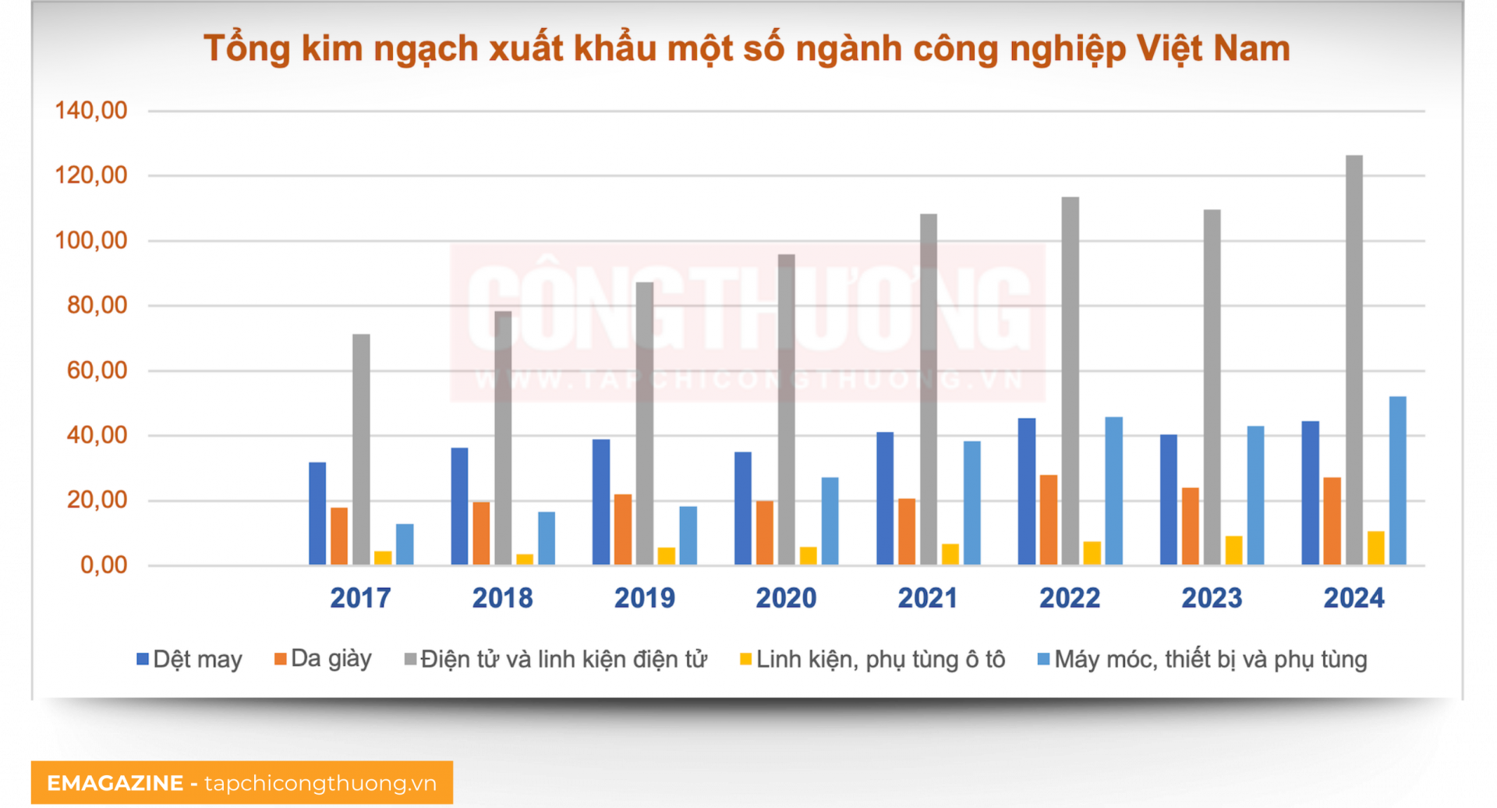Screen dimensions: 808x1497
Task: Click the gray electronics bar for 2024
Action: (x=1354, y=359)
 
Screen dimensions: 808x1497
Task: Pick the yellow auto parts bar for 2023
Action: (x=1233, y=550)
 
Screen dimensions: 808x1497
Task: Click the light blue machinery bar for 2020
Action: (x=830, y=520)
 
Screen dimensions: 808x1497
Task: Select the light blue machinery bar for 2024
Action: (x=1397, y=480)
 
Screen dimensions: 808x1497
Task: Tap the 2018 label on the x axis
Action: (x=502, y=598)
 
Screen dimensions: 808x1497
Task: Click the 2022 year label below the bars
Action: (x=1069, y=598)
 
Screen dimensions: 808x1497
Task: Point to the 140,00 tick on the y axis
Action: (x=90, y=110)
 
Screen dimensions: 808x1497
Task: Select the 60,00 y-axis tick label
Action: (x=97, y=370)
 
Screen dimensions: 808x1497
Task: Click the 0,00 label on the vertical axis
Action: (x=104, y=565)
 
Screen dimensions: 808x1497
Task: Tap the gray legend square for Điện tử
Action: (x=410, y=660)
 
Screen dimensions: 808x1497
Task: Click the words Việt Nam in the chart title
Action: (x=1212, y=48)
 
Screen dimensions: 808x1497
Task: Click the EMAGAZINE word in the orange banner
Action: (x=115, y=783)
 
